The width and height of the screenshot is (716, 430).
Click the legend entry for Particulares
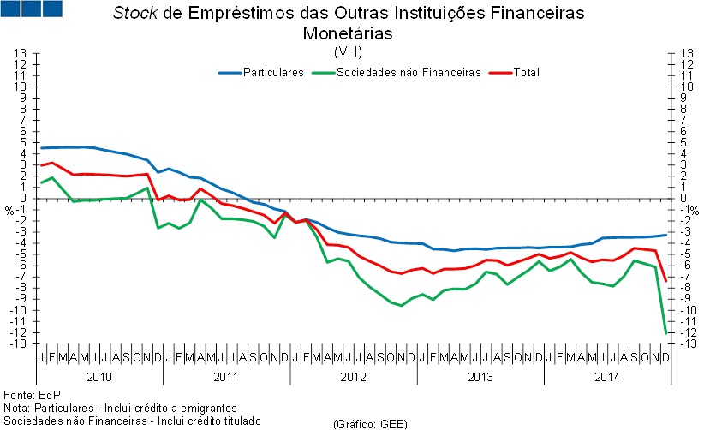(273, 73)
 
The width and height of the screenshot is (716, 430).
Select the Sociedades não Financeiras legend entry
(409, 73)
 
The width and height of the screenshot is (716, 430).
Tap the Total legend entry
(526, 73)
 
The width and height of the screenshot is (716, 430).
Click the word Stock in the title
(134, 15)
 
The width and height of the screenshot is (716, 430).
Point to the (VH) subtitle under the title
(348, 51)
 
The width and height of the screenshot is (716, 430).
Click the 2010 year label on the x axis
(100, 377)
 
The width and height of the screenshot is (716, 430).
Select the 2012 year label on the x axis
(354, 377)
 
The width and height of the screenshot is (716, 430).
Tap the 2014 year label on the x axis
(608, 377)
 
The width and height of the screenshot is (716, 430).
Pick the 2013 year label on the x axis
(480, 377)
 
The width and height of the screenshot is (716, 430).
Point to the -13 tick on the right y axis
(685, 343)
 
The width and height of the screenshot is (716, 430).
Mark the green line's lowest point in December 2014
(666, 332)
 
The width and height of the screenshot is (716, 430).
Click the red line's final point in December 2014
(666, 281)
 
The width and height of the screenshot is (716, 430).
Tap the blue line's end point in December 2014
(666, 235)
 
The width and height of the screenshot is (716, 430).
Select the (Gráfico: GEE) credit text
(369, 423)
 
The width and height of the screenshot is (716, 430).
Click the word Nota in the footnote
(15, 408)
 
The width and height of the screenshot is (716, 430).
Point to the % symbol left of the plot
(10, 210)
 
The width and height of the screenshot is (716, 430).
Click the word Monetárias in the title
(348, 33)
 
